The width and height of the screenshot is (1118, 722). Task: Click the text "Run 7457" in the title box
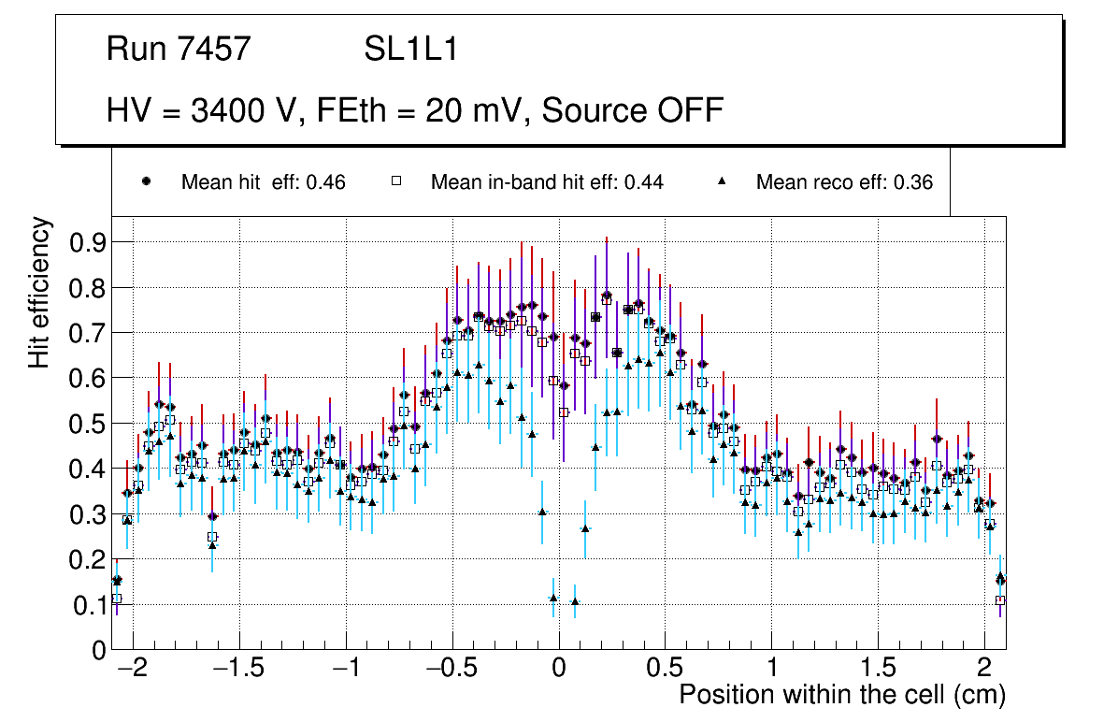coord(179,50)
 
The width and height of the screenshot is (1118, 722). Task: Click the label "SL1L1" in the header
coord(410,50)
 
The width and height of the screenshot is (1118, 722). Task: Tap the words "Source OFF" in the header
coord(633,110)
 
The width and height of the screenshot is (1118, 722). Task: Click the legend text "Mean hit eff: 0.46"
coord(263,182)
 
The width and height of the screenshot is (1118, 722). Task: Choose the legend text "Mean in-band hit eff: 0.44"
coord(547,182)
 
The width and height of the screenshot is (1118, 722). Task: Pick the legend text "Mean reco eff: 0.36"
coord(844,182)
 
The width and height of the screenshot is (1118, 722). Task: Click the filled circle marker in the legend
coord(146,181)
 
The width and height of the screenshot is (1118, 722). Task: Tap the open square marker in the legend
coord(395,181)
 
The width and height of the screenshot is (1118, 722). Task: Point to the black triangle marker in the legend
coord(722,181)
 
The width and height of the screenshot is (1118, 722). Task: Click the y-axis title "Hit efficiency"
coord(40,292)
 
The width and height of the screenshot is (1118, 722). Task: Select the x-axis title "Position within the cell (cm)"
coord(842,695)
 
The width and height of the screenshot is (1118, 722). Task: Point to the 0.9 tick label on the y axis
coord(88,242)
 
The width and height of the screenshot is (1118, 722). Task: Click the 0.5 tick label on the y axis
coord(88,424)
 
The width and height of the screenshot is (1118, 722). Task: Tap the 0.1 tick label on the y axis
coord(88,605)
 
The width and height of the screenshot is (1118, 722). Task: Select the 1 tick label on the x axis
coord(771,670)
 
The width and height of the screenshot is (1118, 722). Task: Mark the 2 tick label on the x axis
coord(983,670)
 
